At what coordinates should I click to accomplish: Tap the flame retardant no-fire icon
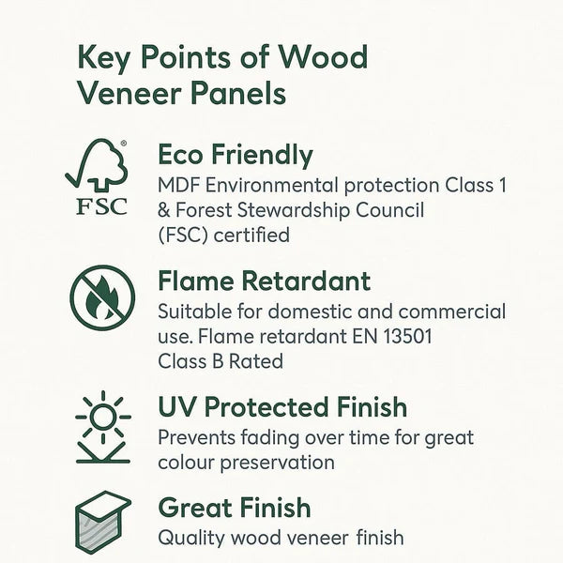[101, 298]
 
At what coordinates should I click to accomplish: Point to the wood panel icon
[102, 522]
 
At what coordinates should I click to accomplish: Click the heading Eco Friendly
[235, 155]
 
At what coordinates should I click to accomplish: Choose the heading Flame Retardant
[264, 281]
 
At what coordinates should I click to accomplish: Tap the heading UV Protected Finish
[281, 407]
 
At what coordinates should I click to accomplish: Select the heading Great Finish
[234, 508]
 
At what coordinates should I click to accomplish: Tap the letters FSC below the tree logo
[100, 205]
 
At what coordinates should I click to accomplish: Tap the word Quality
[191, 538]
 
